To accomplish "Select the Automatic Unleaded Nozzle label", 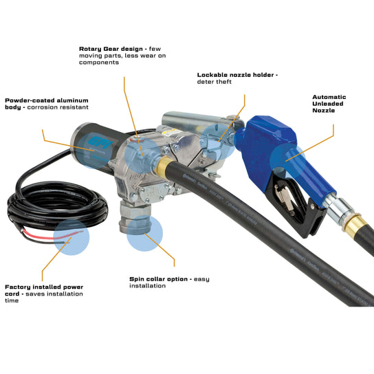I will click(x=329, y=103).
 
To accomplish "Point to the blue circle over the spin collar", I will click(x=144, y=234).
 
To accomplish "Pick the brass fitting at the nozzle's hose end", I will click(x=353, y=223).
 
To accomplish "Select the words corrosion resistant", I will click(x=58, y=108).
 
